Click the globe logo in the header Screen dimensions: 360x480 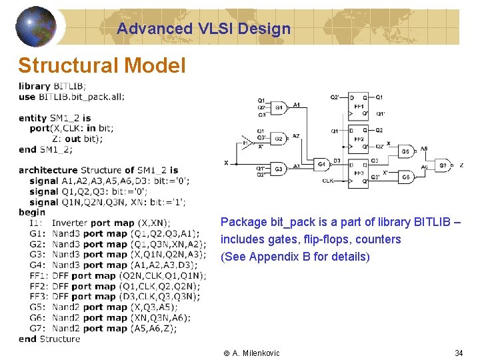35,27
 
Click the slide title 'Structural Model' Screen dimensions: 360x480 102,65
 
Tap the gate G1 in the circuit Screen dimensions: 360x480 278,107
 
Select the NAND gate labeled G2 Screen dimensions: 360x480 278,138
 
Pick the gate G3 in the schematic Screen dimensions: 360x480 278,169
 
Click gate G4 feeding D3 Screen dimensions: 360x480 321,164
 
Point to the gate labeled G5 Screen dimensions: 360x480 405,151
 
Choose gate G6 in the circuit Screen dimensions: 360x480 405,177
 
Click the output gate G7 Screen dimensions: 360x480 442,165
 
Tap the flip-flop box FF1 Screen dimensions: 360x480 358,105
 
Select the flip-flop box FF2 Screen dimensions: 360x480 358,138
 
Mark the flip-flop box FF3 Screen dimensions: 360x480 358,171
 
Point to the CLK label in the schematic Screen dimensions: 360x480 328,181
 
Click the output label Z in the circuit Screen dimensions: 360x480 461,165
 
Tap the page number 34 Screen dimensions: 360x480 459,353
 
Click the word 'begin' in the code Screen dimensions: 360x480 32,212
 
